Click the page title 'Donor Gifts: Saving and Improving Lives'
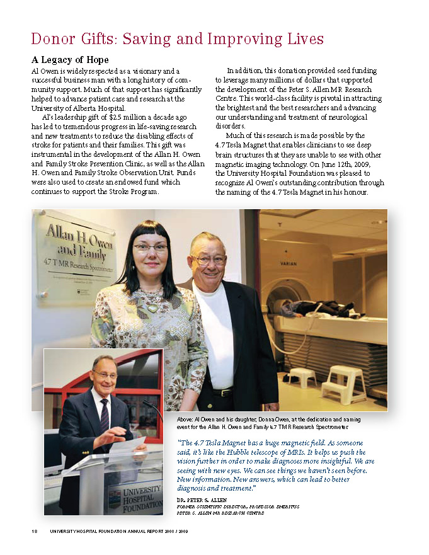tap(177, 39)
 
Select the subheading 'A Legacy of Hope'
tap(69, 60)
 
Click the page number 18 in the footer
tap(35, 530)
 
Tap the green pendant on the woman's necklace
tap(153, 309)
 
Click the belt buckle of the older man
tap(222, 392)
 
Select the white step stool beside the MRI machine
tap(343, 383)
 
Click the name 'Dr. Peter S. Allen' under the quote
tap(202, 500)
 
